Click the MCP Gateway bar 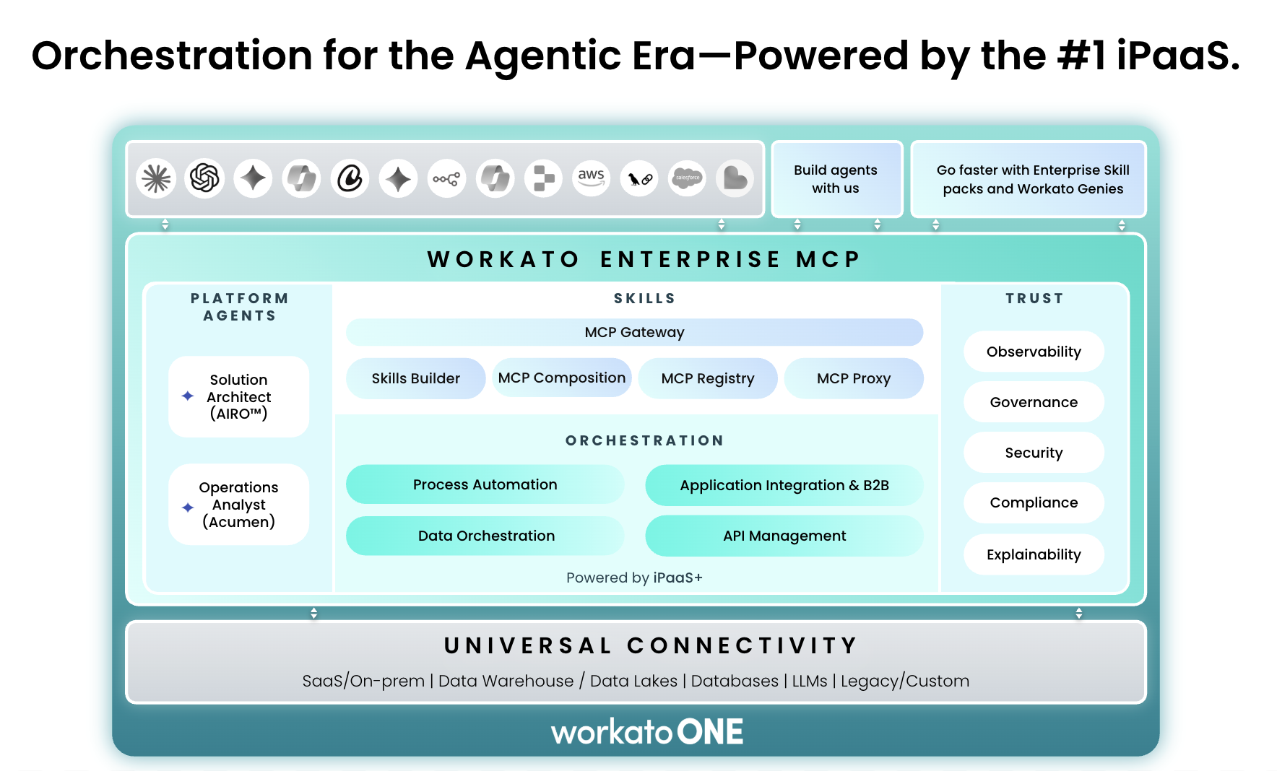tap(634, 332)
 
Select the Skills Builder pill tap(415, 378)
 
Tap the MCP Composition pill tap(562, 378)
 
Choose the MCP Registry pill tap(708, 378)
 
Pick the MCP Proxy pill tap(854, 378)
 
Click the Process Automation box tap(485, 484)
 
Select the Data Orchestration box tap(485, 536)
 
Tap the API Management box tap(784, 536)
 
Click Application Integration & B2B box tap(784, 485)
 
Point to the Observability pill tap(1034, 352)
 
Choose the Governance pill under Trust tap(1034, 402)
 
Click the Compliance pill tap(1034, 502)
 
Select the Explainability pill tap(1034, 554)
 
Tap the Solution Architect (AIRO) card tap(239, 396)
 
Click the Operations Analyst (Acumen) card tap(239, 504)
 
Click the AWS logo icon tap(591, 178)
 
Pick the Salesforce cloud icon tap(688, 178)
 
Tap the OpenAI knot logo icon tap(204, 178)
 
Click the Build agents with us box tap(836, 179)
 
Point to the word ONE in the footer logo tap(710, 732)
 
